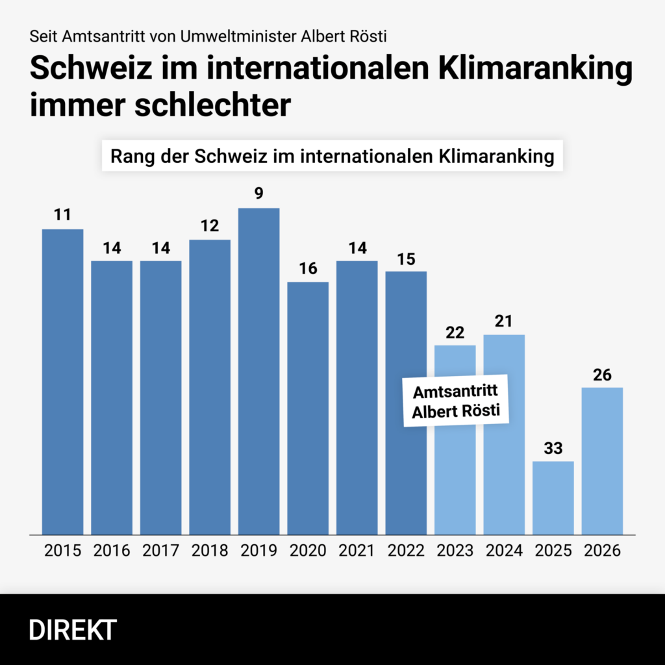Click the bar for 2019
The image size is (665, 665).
click(x=258, y=371)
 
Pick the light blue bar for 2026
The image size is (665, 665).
click(x=602, y=460)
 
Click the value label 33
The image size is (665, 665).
click(x=553, y=448)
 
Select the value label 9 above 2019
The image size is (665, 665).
click(x=258, y=194)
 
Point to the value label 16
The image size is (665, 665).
click(x=308, y=268)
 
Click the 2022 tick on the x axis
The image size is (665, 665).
click(x=406, y=551)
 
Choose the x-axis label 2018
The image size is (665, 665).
click(x=210, y=551)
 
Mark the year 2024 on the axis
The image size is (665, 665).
click(x=504, y=551)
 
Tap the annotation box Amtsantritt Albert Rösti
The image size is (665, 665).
click(x=455, y=401)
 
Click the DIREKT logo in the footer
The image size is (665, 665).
click(x=73, y=630)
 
